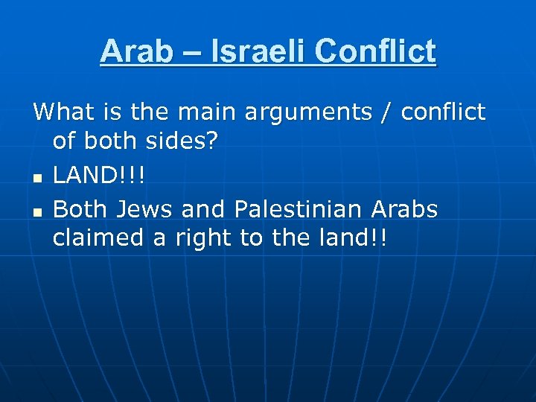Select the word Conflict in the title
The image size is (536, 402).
[375, 52]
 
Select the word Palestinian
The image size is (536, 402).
[307, 211]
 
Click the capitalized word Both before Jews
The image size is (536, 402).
[80, 210]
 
